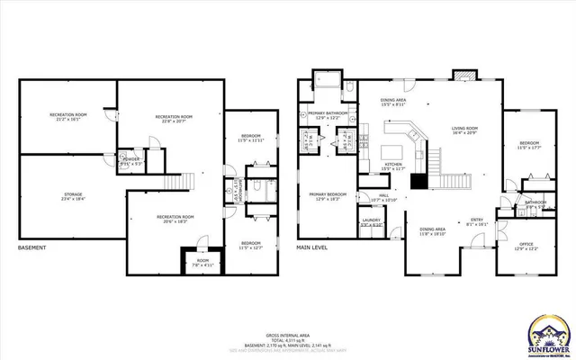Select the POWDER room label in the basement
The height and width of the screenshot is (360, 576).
(x=133, y=162)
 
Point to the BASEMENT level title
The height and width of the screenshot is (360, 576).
(x=33, y=247)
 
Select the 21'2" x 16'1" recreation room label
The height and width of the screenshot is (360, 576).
(x=67, y=117)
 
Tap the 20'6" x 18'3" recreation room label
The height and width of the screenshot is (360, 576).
(x=175, y=220)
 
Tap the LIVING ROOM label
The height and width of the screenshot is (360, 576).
(x=464, y=131)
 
